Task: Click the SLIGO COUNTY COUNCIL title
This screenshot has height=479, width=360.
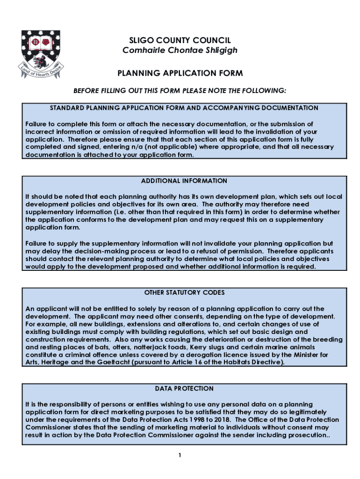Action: [180, 41]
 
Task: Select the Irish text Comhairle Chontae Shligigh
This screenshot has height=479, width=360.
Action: [180, 50]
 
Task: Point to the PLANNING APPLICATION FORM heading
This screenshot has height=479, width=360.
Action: [180, 73]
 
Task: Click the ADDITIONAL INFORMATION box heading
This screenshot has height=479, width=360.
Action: [184, 181]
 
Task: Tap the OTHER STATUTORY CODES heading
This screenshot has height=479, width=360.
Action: [184, 293]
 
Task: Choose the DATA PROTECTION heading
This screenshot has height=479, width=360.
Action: [184, 389]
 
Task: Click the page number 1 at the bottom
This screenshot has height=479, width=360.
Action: [180, 455]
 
